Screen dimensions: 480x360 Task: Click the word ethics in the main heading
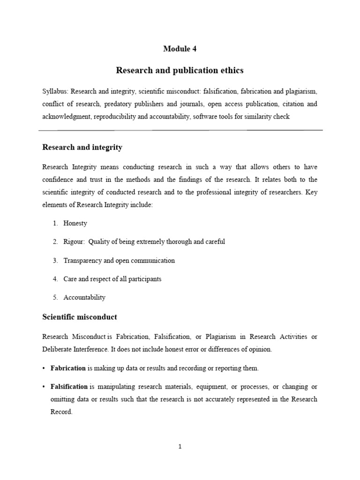click(230, 71)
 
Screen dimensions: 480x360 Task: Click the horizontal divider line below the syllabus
click(180, 130)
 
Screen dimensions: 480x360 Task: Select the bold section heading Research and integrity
click(82, 147)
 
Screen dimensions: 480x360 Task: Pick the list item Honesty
click(75, 223)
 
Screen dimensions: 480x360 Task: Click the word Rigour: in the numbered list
click(75, 242)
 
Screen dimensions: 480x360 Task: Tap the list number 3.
click(55, 260)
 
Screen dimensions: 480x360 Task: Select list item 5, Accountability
click(85, 297)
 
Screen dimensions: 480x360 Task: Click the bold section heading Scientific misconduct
click(80, 317)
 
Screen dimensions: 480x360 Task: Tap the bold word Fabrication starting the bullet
click(68, 368)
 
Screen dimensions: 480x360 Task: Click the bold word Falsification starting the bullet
click(69, 387)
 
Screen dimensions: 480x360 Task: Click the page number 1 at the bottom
click(180, 447)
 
